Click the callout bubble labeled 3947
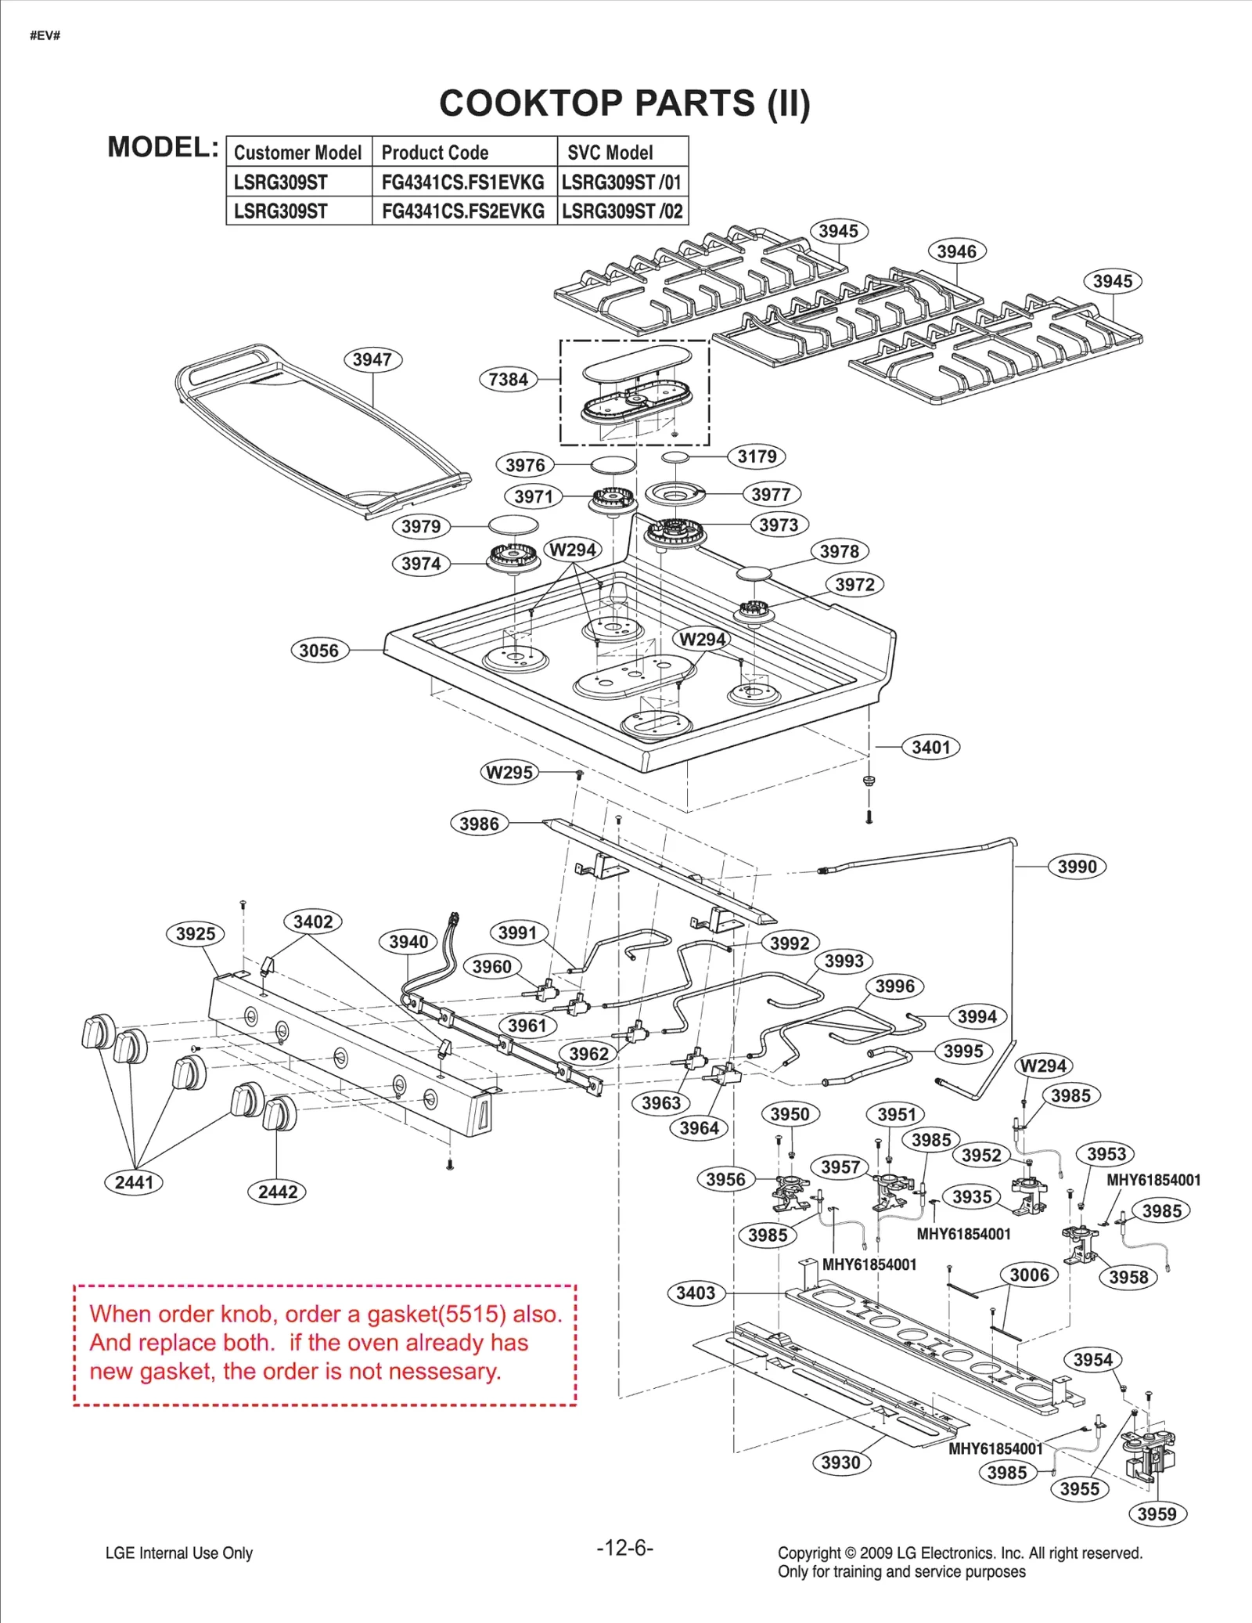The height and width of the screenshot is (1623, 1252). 372,359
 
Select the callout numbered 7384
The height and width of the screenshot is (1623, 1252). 508,380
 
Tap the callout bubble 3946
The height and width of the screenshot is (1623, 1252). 956,251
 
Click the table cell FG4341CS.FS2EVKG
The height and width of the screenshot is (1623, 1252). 463,211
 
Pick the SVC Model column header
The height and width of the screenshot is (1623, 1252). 610,153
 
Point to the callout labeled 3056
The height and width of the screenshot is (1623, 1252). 318,651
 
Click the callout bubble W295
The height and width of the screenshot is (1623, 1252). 509,773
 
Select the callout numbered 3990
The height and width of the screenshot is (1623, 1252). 1077,867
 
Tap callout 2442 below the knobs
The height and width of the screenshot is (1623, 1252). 277,1192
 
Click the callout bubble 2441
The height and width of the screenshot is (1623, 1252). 134,1182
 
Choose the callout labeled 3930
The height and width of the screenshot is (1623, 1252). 840,1463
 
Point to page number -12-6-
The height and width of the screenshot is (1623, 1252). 624,1548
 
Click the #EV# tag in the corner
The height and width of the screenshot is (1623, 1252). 45,36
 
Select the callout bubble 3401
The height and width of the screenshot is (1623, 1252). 930,747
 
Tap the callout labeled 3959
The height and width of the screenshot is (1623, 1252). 1157,1513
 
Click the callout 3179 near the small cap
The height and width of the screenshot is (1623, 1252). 757,456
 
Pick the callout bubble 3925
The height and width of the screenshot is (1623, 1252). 195,933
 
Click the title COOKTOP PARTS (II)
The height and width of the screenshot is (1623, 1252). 624,103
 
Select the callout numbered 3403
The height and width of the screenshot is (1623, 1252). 696,1293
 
